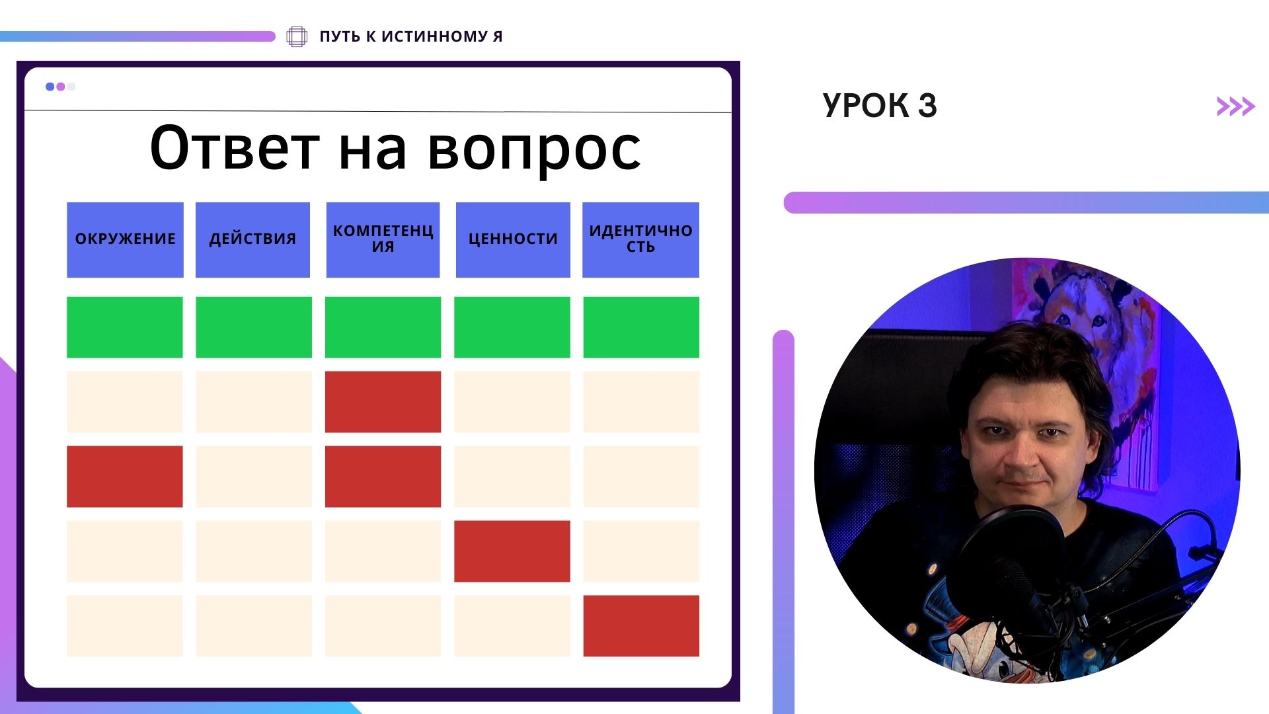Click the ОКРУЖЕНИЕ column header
click(125, 239)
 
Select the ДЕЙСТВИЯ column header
click(252, 239)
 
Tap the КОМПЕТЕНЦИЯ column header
click(383, 239)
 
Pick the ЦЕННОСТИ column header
click(513, 239)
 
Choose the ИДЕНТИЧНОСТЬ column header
click(640, 239)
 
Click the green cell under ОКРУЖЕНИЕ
click(125, 327)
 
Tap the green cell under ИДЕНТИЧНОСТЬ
click(641, 327)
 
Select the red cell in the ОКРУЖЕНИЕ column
click(125, 477)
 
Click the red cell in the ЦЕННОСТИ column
click(512, 551)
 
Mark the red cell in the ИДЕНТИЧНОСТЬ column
click(641, 626)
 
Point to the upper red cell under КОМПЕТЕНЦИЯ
click(383, 402)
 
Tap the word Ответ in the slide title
click(235, 147)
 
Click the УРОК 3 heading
click(880, 106)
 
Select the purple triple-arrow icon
click(1236, 106)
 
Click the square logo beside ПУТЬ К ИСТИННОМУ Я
click(297, 36)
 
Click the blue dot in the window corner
click(50, 87)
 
